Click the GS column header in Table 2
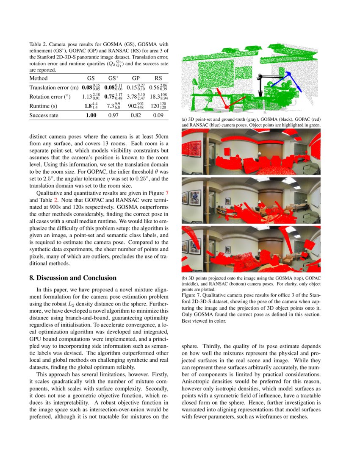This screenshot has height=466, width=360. pyautogui.click(x=91, y=78)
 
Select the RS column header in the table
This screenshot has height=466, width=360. pyautogui.click(x=158, y=78)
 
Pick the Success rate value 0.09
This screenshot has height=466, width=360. pyautogui.click(x=158, y=115)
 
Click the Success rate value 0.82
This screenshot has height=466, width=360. pyautogui.click(x=136, y=115)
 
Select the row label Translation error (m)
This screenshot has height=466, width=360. pyautogui.click(x=54, y=88)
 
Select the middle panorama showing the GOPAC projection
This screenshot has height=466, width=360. pyautogui.click(x=251, y=200)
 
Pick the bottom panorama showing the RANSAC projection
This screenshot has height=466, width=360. pyautogui.click(x=251, y=249)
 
